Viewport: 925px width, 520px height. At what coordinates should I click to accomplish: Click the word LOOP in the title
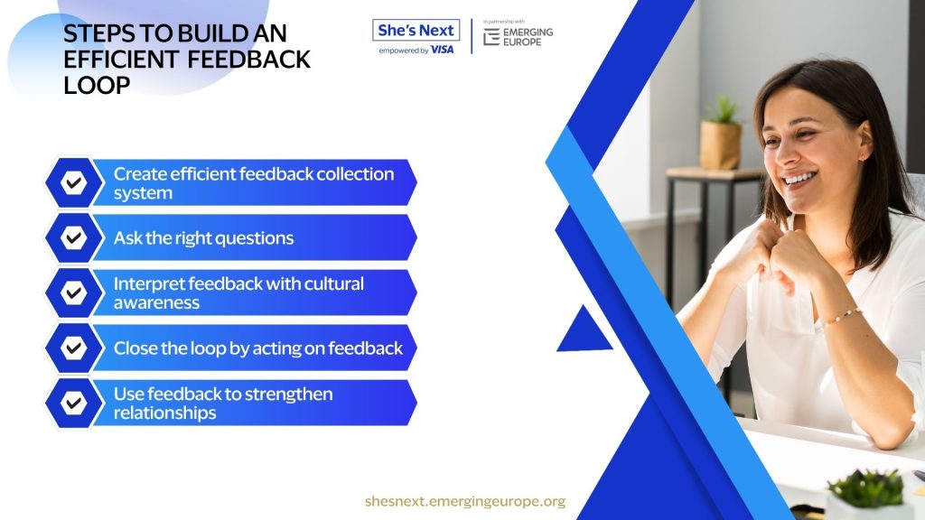point(97,86)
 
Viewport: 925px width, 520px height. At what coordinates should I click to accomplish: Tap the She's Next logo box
point(416,30)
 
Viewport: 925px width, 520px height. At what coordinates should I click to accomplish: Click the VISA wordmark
point(442,51)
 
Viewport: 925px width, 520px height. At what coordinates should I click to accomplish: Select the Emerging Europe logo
point(518,36)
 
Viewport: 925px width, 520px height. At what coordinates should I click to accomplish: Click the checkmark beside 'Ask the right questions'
point(74,237)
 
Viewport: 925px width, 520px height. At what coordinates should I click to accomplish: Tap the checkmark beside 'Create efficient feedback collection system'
point(74,182)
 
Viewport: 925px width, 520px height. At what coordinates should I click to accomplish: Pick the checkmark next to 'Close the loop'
point(74,348)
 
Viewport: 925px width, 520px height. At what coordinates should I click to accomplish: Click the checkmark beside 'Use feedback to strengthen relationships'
point(74,404)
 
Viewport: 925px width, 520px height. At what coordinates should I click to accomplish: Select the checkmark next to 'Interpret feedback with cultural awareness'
point(74,292)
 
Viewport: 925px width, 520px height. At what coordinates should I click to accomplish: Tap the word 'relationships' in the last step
point(164,413)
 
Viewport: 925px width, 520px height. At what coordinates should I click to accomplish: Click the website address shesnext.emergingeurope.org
point(465,501)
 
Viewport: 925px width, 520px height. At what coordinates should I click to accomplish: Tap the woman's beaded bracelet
point(842,317)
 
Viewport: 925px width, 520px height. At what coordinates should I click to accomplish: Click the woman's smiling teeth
point(800,178)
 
